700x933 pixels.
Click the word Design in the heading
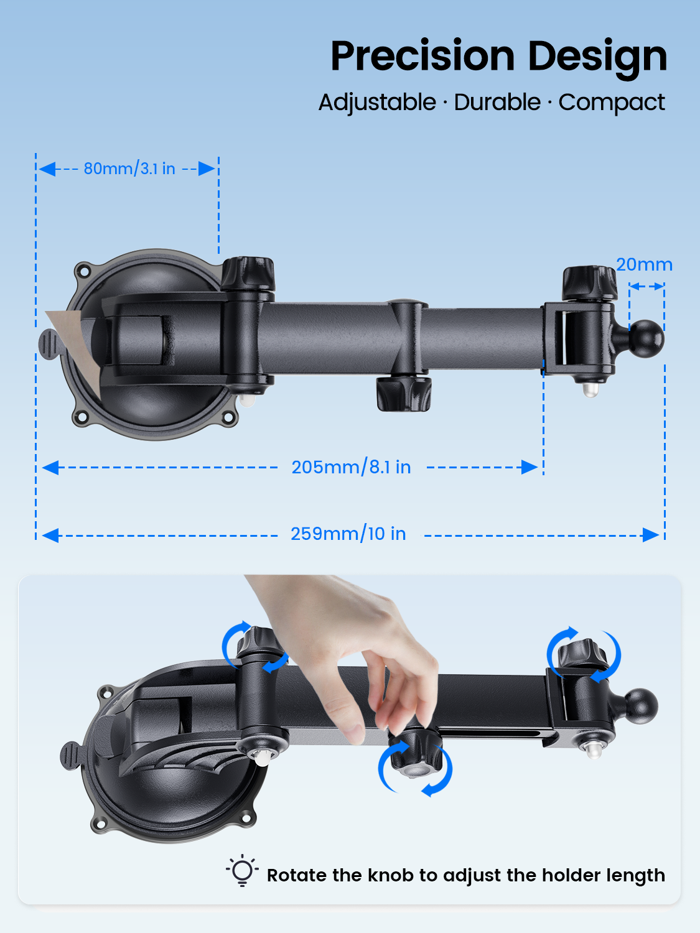tap(597, 58)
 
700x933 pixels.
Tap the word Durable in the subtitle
tap(497, 103)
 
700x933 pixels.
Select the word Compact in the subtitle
tap(612, 103)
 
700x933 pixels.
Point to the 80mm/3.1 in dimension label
tap(129, 169)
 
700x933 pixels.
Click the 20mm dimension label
tap(645, 264)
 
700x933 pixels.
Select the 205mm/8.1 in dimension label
tap(351, 467)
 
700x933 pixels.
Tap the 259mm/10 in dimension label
tap(348, 534)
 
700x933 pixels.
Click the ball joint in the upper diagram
tap(646, 339)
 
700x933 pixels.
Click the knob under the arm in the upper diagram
tap(403, 394)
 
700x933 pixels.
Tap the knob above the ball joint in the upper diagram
tap(589, 283)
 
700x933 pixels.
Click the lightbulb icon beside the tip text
tap(242, 871)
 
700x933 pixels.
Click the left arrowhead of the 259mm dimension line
tap(50, 536)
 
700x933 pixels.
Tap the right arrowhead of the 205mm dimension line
tap(530, 467)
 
